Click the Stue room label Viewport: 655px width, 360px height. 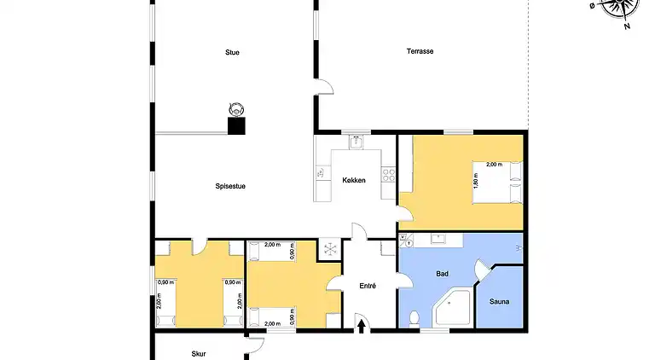point(232,52)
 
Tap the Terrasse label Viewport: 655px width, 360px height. point(420,51)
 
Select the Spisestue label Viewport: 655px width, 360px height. point(230,186)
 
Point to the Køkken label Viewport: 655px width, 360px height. point(354,180)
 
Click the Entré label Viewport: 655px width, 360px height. point(368,286)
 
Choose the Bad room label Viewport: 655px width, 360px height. point(442,274)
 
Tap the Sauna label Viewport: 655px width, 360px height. point(499,301)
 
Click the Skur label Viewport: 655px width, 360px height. point(199,354)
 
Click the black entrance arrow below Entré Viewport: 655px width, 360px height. point(362,326)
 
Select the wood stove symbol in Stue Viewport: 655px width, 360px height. point(236,110)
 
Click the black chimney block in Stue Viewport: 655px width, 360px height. point(236,125)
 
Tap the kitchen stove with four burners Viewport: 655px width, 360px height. point(389,175)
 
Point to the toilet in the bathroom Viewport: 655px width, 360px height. point(414,318)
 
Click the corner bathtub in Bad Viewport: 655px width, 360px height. point(452,307)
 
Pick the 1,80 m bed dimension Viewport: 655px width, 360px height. point(476,181)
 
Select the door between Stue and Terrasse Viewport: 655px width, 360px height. point(324,86)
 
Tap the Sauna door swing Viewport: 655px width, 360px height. point(483,268)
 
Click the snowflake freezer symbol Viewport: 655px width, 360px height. point(330,249)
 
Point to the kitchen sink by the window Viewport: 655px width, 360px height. point(356,142)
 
